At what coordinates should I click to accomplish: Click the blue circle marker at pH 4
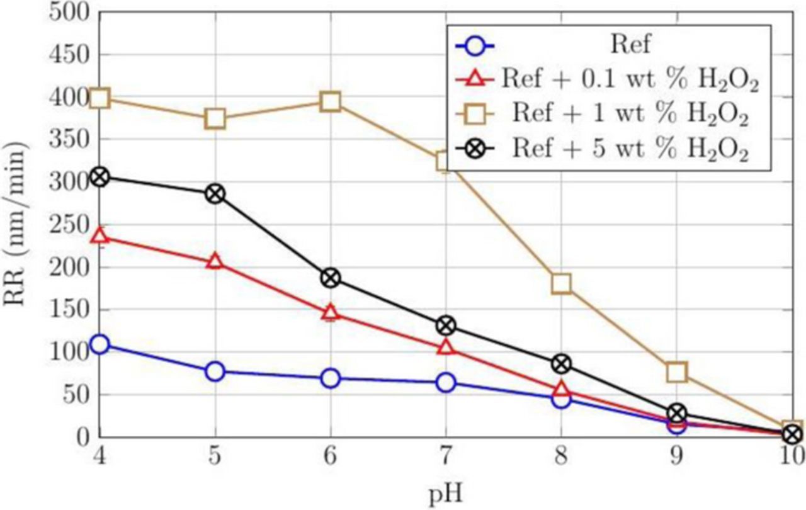tap(99, 344)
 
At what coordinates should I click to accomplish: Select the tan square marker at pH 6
tap(331, 101)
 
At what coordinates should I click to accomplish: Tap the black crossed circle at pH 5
tap(215, 193)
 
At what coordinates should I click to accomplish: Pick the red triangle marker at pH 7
tap(446, 348)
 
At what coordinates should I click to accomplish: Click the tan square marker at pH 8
tap(561, 284)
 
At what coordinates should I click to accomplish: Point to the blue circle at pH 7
tap(446, 382)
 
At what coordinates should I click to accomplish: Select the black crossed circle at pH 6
tap(331, 278)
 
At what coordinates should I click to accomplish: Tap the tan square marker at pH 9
tap(676, 372)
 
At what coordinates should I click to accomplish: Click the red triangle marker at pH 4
tap(99, 237)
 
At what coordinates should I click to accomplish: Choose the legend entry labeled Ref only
tap(630, 46)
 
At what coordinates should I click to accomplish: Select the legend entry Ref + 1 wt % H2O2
tap(630, 116)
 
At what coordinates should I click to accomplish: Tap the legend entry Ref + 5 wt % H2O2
tap(630, 150)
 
